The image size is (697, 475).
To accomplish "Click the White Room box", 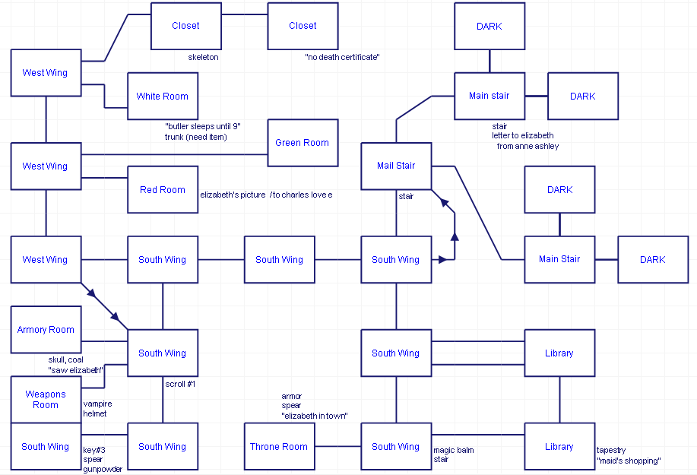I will tap(163, 97).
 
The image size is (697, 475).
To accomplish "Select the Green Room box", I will tap(303, 143).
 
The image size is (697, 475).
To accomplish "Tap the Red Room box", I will tap(163, 190).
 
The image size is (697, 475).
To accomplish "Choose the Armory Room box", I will tap(46, 330).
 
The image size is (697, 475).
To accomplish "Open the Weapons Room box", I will tap(46, 400).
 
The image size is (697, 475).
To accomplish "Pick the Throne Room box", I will tap(279, 447).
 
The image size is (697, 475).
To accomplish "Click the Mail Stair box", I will tap(396, 166).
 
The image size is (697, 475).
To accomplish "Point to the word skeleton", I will tap(204, 57).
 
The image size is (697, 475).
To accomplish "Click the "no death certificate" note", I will tap(341, 57).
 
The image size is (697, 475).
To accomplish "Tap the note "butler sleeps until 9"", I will tap(202, 125).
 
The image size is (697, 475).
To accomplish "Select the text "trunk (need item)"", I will tap(195, 137).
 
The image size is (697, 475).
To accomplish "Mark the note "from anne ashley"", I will tap(528, 146).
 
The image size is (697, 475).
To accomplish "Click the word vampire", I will tap(98, 404).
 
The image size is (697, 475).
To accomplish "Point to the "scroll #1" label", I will tap(181, 384).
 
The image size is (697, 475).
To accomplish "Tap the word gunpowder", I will tap(103, 469).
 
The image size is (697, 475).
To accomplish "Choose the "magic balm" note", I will tap(454, 450).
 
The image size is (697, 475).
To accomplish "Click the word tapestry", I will tap(611, 450).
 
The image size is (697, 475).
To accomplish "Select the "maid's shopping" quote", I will tap(629, 461).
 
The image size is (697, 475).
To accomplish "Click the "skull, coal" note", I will tap(66, 359).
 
